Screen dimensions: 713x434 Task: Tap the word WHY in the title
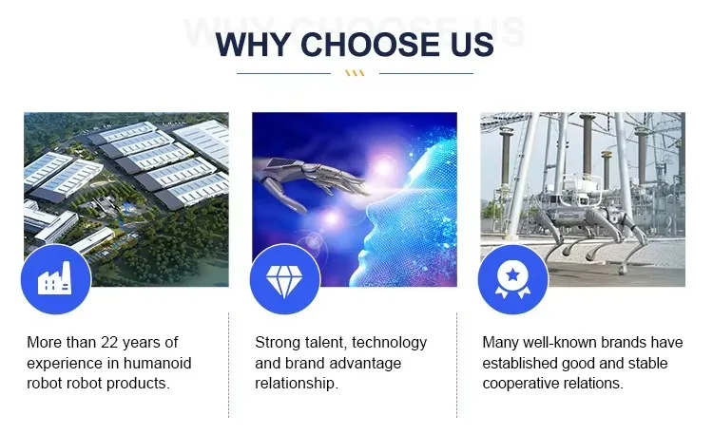pyautogui.click(x=253, y=45)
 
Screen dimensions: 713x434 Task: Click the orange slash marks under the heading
pyautogui.click(x=355, y=73)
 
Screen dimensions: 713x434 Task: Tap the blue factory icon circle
pyautogui.click(x=56, y=279)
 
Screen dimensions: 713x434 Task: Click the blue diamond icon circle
pyautogui.click(x=284, y=279)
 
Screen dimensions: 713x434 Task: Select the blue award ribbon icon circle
pyautogui.click(x=513, y=279)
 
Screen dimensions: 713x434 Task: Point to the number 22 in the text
pyautogui.click(x=109, y=342)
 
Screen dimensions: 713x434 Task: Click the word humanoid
pyautogui.click(x=157, y=363)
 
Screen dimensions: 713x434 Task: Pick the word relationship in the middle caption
pyautogui.click(x=297, y=384)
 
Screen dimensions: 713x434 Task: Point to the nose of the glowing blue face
pyautogui.click(x=371, y=208)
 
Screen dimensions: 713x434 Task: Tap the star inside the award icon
pyautogui.click(x=513, y=274)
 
